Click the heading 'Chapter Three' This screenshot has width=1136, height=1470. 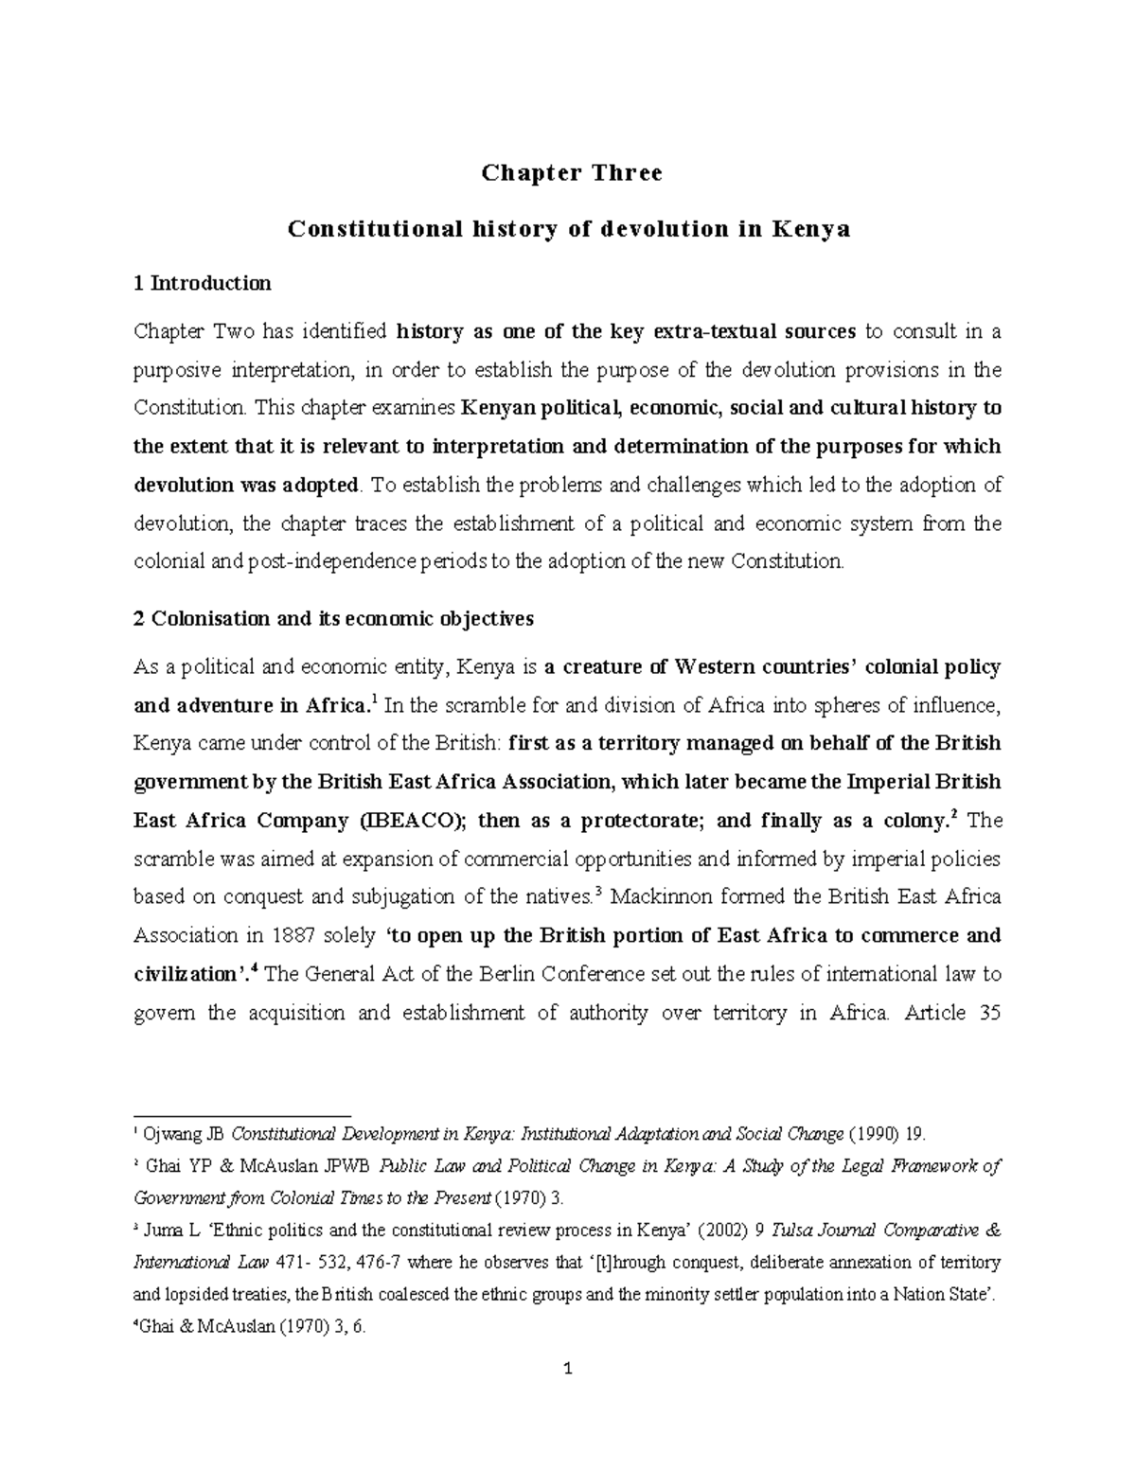(572, 173)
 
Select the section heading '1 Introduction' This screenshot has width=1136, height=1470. (203, 283)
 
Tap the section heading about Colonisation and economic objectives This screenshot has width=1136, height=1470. (334, 619)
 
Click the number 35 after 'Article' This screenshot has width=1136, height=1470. (985, 1013)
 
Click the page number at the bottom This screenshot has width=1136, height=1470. (568, 1395)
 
